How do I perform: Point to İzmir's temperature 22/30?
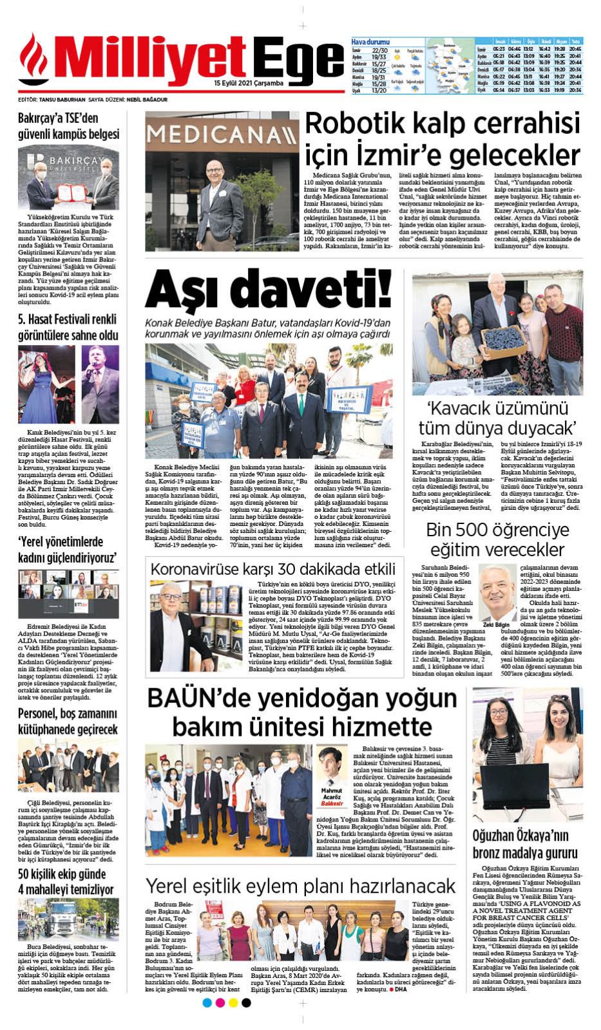coord(379,50)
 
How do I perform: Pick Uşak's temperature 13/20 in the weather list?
coord(379,91)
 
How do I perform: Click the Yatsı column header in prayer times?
coord(576,41)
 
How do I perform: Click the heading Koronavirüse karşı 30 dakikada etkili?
coord(272,569)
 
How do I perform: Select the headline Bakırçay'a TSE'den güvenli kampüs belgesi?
coord(68,126)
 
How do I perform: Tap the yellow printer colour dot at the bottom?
coord(233,1003)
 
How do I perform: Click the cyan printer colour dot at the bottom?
coord(207,1003)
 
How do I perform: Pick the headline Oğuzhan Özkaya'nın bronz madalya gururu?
coord(525,844)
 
